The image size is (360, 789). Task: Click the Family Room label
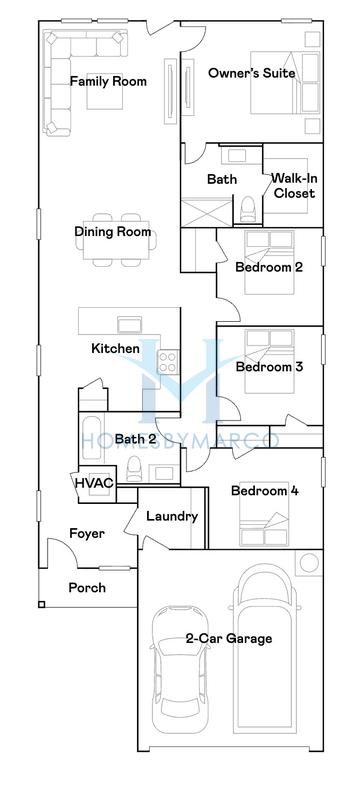[x=101, y=83]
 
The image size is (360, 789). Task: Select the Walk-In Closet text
[x=294, y=186]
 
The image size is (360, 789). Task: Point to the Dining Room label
[x=113, y=232]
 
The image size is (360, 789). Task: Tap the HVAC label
[x=94, y=483]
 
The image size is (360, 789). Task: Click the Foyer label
[x=87, y=534]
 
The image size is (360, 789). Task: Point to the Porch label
[x=87, y=588]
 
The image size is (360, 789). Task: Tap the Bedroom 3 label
[x=269, y=367]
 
